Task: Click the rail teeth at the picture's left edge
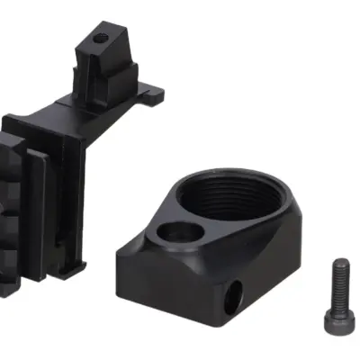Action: coord(9,207)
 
